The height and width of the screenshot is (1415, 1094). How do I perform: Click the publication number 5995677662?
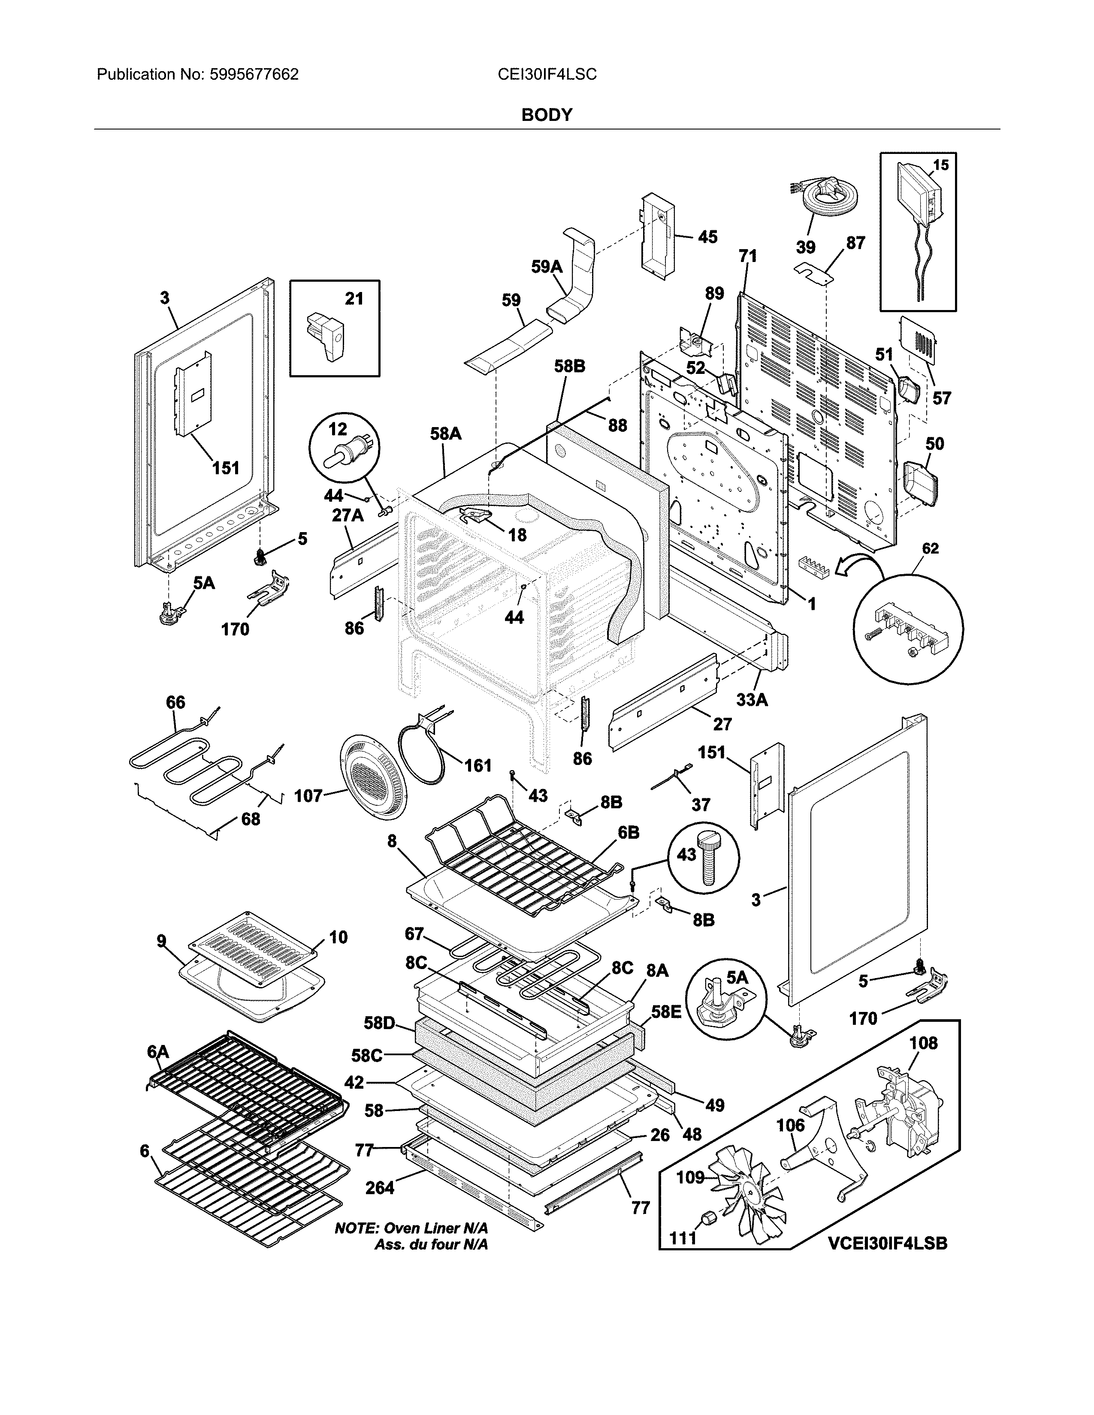(254, 75)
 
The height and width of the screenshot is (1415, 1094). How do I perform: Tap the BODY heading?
(546, 115)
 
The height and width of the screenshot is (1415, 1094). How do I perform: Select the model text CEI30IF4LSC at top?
(546, 75)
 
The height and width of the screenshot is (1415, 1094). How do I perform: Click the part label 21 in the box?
(354, 299)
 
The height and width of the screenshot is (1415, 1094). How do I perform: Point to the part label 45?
(707, 237)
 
